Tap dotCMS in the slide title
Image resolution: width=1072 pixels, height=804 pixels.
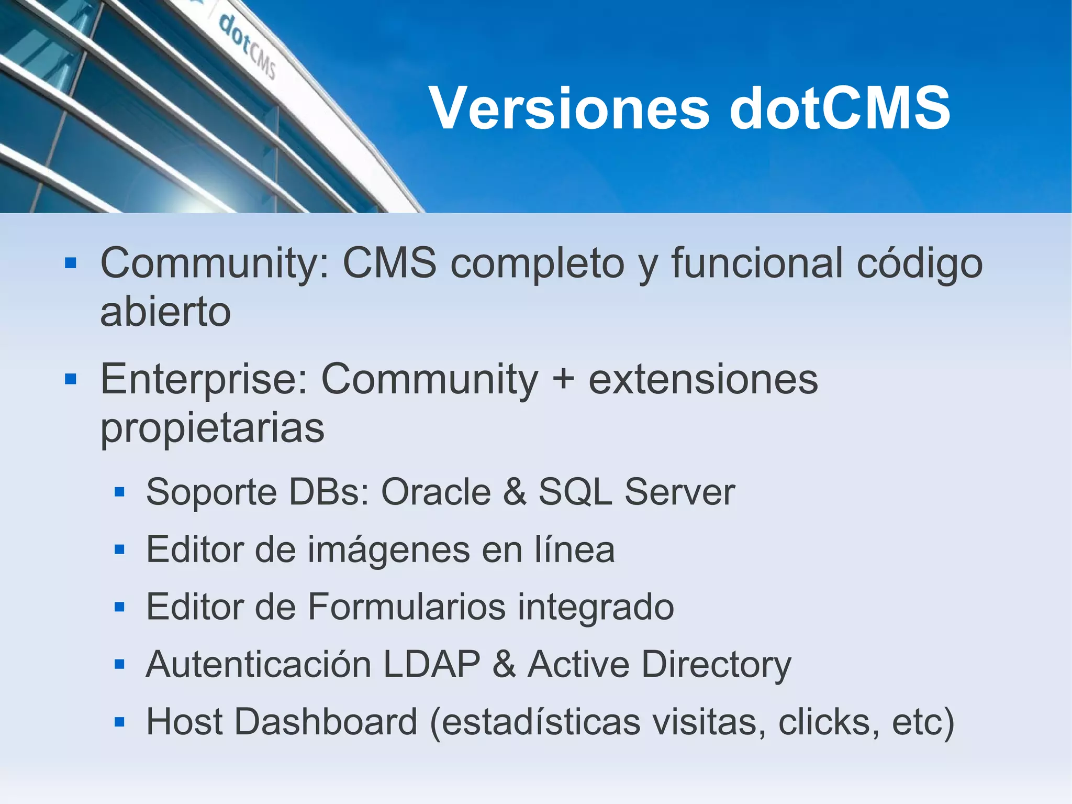[x=840, y=108]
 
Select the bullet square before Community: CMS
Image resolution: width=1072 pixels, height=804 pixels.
[x=71, y=262]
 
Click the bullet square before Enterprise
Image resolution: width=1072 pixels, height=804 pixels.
[x=71, y=379]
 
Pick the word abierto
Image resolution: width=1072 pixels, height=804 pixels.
[x=165, y=312]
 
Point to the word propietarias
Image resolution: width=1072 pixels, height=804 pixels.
[x=212, y=428]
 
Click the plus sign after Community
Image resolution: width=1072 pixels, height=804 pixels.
[x=563, y=379]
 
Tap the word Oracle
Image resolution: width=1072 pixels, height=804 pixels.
[x=436, y=492]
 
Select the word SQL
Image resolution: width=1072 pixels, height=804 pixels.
[x=575, y=492]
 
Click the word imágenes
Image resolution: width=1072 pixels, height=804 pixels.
[x=388, y=549]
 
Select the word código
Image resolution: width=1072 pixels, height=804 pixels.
[x=920, y=263]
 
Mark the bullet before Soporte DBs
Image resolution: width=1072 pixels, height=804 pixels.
[x=119, y=492]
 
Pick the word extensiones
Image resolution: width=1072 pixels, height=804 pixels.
[x=703, y=379]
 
